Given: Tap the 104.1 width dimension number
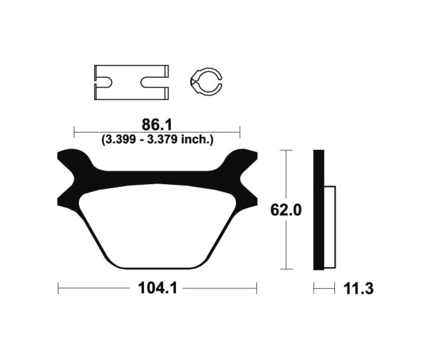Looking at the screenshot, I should pyautogui.click(x=158, y=288).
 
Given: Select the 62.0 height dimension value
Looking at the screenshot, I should pyautogui.click(x=286, y=210).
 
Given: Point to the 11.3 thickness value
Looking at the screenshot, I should pyautogui.click(x=358, y=289).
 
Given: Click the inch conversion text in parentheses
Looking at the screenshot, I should pyautogui.click(x=157, y=140).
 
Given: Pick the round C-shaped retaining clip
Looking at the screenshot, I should pyautogui.click(x=207, y=82).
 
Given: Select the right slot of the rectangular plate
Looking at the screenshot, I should pyautogui.click(x=154, y=82).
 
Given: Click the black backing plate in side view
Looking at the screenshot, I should pyautogui.click(x=318, y=210).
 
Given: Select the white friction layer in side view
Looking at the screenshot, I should pyautogui.click(x=330, y=226).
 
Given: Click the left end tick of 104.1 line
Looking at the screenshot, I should pyautogui.click(x=58, y=288).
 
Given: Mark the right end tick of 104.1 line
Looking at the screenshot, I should pyautogui.click(x=257, y=288).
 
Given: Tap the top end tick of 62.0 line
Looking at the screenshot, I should pyautogui.click(x=286, y=150).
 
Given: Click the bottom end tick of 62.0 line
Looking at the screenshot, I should pyautogui.click(x=286, y=269).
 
